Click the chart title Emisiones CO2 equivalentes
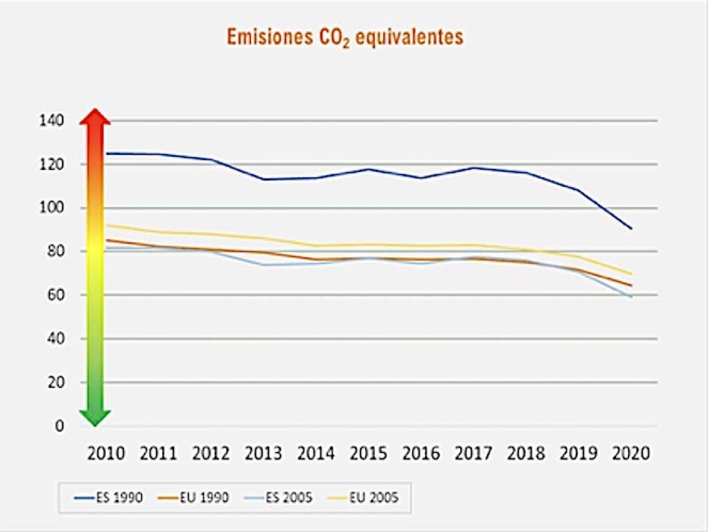(x=345, y=37)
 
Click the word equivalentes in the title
(x=409, y=37)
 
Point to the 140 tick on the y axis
(x=51, y=121)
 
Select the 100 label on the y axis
(x=51, y=208)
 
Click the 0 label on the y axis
(x=59, y=426)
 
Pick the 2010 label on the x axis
(x=106, y=454)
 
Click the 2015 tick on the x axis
(x=369, y=454)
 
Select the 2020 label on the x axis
(x=631, y=454)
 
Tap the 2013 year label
(x=264, y=454)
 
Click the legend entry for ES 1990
(x=109, y=498)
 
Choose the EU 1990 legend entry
(x=193, y=498)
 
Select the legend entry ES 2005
(x=281, y=498)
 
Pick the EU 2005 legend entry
(x=363, y=498)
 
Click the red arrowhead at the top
(x=95, y=118)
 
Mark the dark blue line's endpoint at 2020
(x=631, y=228)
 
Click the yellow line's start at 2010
(x=107, y=225)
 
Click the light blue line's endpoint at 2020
(x=631, y=297)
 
